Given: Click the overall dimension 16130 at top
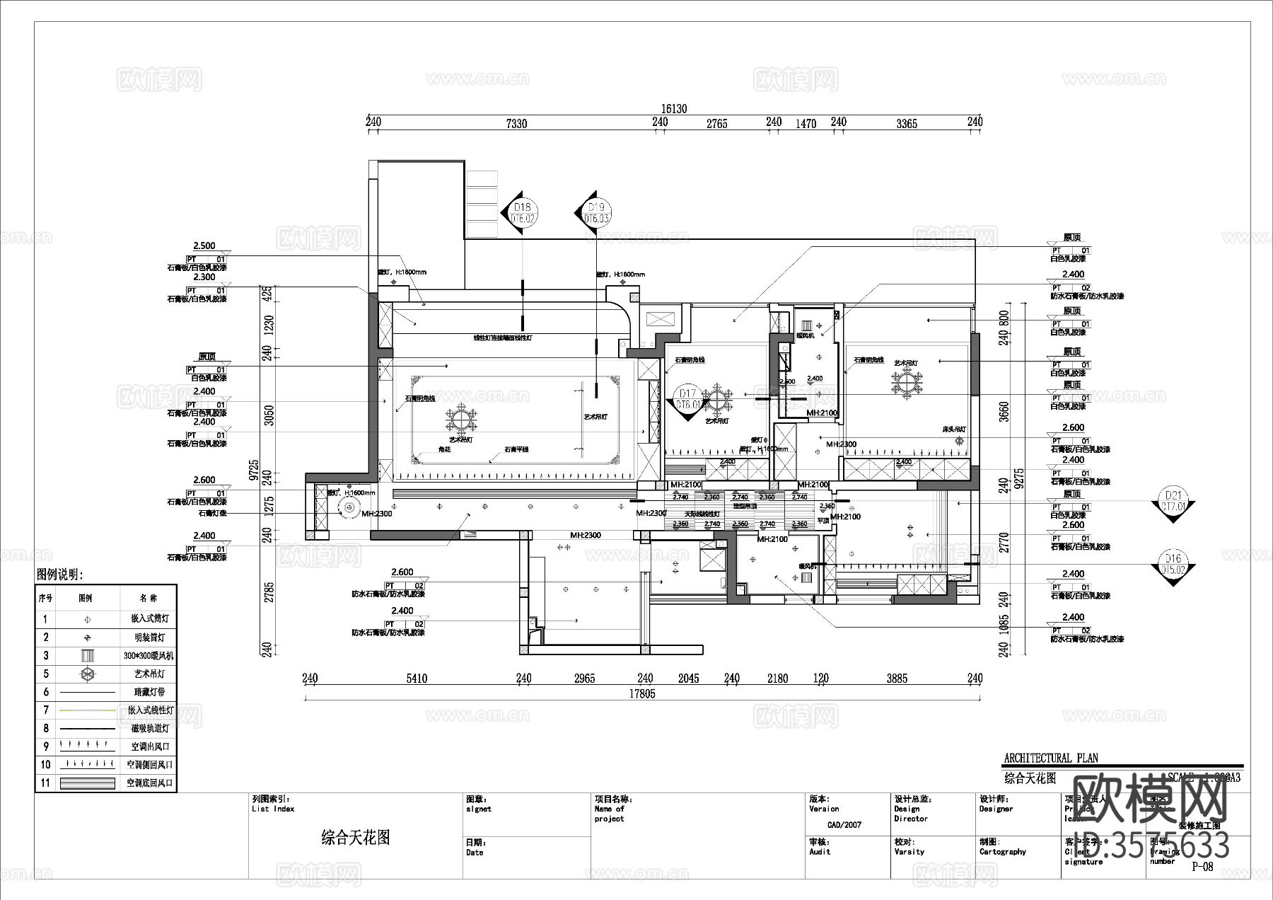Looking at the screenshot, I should [673, 108].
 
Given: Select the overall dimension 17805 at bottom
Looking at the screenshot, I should [642, 693].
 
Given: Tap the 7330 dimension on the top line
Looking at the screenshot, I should [516, 124].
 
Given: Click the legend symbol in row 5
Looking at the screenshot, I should [86, 674].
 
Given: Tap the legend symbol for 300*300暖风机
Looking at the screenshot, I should [86, 655].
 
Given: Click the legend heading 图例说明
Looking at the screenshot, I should [60, 575].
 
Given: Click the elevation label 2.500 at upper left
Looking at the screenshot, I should [204, 246].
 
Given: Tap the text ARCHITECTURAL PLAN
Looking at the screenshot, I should [1051, 758].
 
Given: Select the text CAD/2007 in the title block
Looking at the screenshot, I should [844, 824].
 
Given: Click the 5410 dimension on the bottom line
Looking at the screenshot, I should [417, 678].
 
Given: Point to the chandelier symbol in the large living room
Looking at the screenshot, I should [460, 420].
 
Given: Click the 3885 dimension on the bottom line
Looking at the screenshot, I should [897, 678].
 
